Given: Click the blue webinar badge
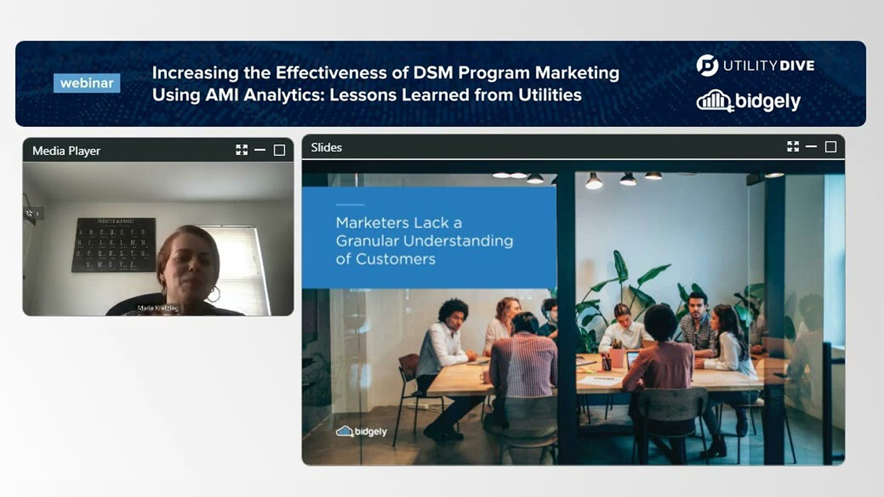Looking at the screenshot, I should (86, 83).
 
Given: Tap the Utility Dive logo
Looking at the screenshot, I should (756, 66).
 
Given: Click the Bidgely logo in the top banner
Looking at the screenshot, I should (749, 101).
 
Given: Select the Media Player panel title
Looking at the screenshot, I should (66, 150).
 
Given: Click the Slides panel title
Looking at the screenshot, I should (326, 147).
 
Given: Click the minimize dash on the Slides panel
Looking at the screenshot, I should (811, 147).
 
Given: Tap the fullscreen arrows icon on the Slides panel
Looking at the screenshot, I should (793, 146).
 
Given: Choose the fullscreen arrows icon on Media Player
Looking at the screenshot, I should (241, 150).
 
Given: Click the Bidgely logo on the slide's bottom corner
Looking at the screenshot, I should (361, 431).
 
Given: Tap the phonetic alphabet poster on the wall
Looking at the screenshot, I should (113, 244).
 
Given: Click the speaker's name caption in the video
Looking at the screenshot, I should (158, 308).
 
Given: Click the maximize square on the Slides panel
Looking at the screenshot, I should (831, 147).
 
